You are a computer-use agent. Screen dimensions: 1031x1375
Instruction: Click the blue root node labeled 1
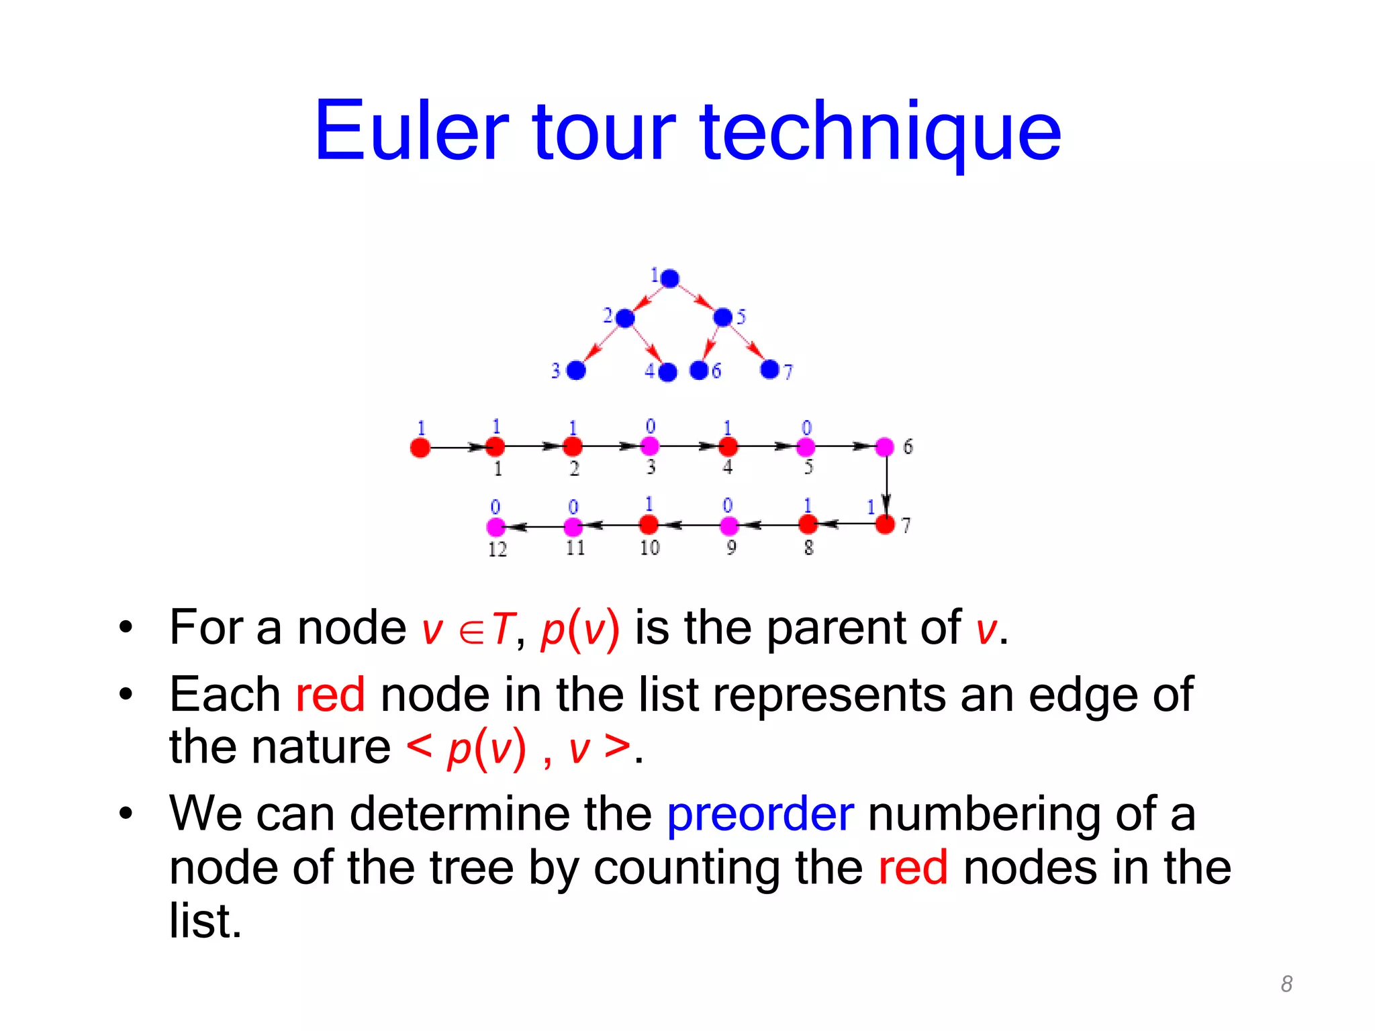coord(669,278)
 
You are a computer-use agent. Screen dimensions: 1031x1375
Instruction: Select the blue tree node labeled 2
coord(625,318)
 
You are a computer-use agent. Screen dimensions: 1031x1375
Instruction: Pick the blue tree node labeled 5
coord(723,317)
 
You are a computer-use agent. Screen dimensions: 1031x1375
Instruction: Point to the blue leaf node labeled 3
coord(576,370)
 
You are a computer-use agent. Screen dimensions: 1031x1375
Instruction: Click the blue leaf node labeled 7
coord(769,369)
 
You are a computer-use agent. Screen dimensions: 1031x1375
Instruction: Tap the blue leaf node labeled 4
coord(668,372)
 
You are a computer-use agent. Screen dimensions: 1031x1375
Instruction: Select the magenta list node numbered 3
coord(650,446)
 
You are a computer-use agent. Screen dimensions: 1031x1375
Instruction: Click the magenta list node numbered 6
coord(885,446)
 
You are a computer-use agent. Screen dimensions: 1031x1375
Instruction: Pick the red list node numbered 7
coord(885,525)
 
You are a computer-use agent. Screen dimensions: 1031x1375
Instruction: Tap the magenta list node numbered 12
coord(495,527)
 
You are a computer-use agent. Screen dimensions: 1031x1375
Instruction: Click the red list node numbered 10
coord(649,524)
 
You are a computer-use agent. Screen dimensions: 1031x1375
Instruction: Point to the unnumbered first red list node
coord(420,447)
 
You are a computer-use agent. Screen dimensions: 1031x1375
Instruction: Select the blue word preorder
coord(760,814)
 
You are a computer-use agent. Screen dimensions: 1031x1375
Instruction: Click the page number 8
coord(1286,984)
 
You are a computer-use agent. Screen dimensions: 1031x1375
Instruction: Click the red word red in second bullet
coord(330,695)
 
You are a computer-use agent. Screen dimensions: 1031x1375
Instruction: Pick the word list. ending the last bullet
coord(205,920)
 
